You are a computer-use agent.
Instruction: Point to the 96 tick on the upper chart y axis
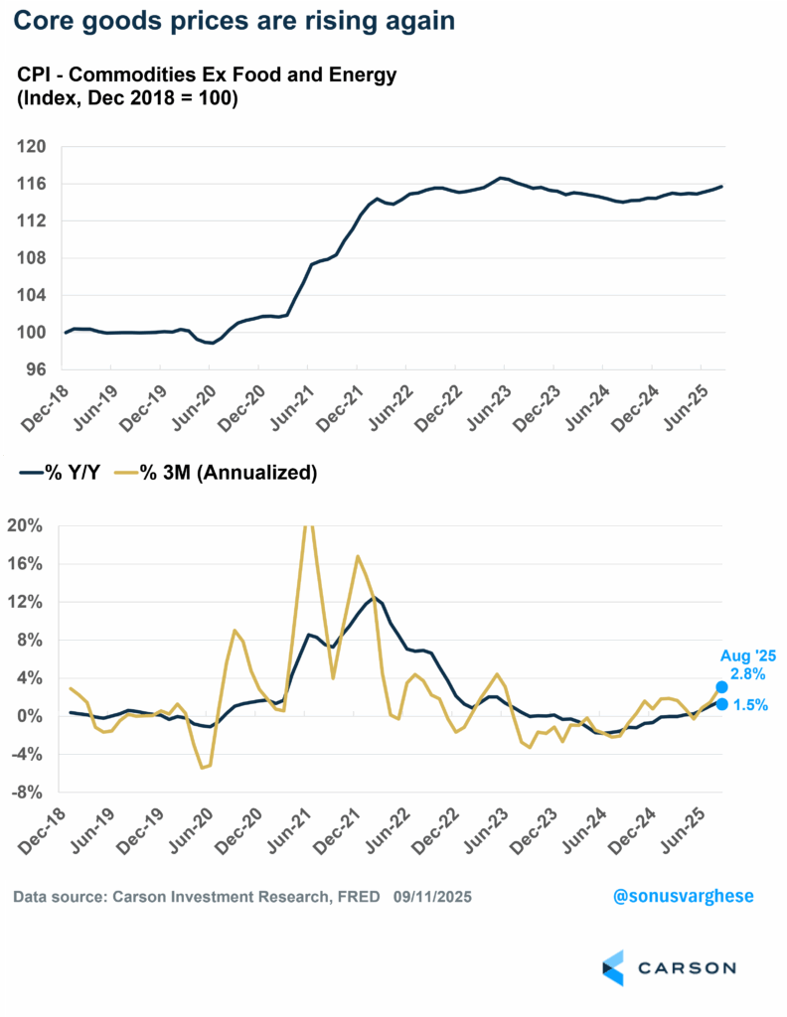(x=36, y=369)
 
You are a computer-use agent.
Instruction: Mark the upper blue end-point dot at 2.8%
(x=721, y=686)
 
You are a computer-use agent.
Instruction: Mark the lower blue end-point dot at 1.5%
(x=721, y=704)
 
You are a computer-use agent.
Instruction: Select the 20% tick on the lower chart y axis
(x=29, y=525)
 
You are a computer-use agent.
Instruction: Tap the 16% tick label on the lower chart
(x=29, y=564)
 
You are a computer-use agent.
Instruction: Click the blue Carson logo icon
(x=612, y=966)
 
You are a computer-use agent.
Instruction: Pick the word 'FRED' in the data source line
(x=360, y=897)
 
